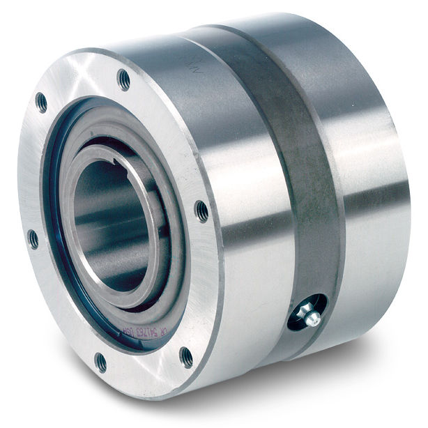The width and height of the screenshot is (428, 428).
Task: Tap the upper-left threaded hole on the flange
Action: [42, 102]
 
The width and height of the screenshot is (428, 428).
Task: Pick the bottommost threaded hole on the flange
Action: [100, 362]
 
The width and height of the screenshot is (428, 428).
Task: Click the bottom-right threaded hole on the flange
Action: [186, 357]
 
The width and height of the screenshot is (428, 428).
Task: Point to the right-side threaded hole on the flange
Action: [201, 211]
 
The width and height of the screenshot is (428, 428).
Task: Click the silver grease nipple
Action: [312, 317]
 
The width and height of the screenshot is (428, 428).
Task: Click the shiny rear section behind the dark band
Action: [376, 174]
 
